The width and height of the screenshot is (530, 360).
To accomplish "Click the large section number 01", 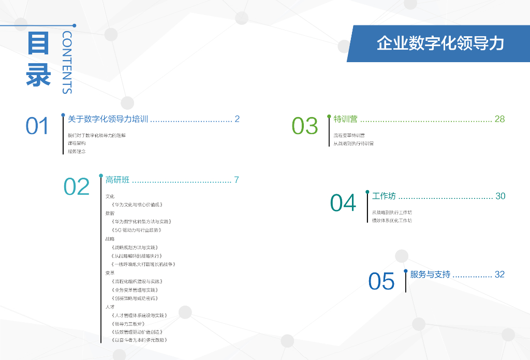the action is pos(37,126).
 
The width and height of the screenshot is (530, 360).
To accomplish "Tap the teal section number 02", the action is pos(77,186).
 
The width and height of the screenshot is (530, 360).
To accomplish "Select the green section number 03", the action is pos(304,126).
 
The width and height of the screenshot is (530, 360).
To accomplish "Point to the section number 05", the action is pos(381,281).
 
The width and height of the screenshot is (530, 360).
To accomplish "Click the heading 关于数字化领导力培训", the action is pos(108,119).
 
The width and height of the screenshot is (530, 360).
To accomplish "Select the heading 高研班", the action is pos(117,180).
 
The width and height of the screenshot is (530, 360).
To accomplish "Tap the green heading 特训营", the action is pos(346,119).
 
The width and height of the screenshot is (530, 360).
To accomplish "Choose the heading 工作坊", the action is pos(384,196).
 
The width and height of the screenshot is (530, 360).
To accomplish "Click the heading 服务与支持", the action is pos(430,275).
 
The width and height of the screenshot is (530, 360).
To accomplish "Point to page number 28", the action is pos(499,119).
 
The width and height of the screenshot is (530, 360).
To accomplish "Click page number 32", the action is pos(499,275).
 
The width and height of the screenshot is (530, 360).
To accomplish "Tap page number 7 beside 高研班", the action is pos(237,180).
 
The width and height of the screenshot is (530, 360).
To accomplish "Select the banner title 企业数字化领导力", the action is pos(440,44).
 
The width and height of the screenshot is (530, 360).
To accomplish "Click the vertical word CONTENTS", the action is pos(67,62).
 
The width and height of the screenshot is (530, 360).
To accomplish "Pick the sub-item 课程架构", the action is pos(77,143).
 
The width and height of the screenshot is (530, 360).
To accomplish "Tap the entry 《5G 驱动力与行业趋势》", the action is pos(137,230).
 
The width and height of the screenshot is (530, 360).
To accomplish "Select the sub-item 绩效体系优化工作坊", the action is pos(392,221).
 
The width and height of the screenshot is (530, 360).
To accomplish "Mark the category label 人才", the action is pos(110,307).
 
